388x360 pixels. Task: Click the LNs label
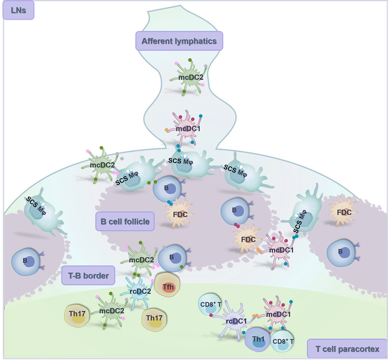(x=19, y=10)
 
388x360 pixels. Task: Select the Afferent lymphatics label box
(x=179, y=41)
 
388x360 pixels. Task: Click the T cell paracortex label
(x=347, y=348)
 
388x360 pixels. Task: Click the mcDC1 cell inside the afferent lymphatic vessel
(x=184, y=129)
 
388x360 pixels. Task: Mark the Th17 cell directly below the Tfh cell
(x=155, y=318)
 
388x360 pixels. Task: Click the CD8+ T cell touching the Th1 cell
(x=284, y=341)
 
